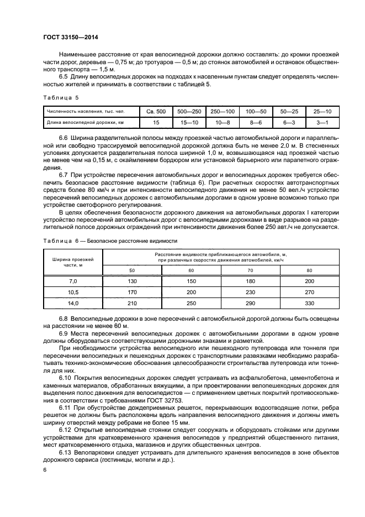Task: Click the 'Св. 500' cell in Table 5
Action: tap(156, 112)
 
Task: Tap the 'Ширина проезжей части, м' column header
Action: tap(73, 262)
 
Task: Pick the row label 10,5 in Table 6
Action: tap(73, 292)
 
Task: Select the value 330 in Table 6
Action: tap(309, 303)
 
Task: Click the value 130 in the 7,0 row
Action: tap(132, 281)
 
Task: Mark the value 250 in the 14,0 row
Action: tap(191, 303)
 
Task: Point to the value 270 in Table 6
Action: tap(309, 292)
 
